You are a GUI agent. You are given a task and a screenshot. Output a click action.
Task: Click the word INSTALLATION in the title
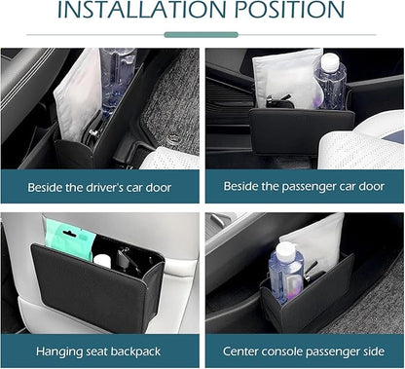click(141, 9)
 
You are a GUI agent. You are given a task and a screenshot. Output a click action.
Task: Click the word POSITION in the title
click(289, 9)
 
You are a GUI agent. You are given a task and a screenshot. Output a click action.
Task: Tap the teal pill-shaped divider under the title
click(202, 35)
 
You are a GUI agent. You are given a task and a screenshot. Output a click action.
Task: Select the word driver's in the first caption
click(104, 188)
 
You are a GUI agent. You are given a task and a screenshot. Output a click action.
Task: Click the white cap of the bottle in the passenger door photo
click(329, 60)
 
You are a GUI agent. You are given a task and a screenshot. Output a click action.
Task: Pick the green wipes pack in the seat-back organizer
click(68, 238)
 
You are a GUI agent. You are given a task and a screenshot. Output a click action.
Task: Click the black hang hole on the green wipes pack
click(68, 234)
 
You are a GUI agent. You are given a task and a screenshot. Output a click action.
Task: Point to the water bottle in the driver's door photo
click(117, 81)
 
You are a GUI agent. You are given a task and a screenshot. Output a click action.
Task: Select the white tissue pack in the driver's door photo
click(78, 94)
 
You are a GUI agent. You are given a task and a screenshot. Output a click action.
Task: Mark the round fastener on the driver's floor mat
click(172, 138)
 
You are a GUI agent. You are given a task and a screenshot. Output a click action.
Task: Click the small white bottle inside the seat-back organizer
click(102, 261)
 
